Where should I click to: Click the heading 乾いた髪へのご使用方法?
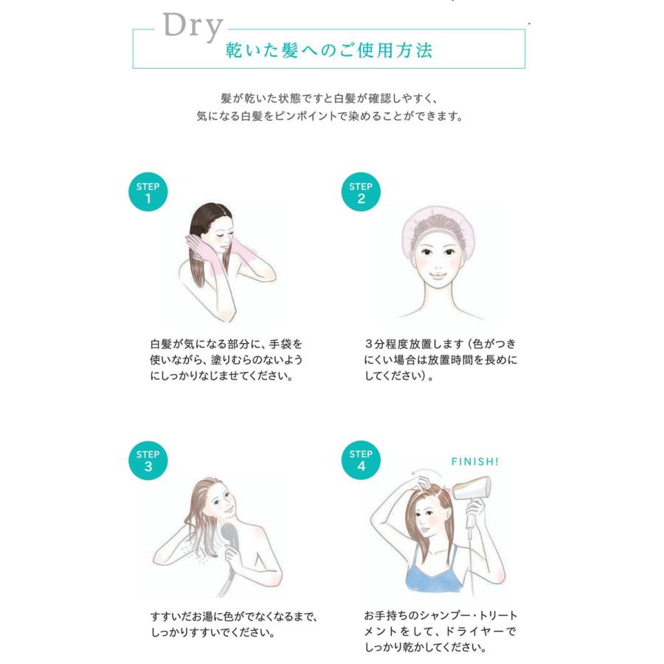[x=329, y=50]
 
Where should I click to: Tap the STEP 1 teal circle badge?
[x=148, y=193]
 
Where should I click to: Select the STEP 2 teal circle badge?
[x=361, y=193]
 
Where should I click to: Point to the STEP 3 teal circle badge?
[x=148, y=460]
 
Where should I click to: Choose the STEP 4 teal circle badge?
[x=361, y=460]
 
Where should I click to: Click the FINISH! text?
[x=474, y=462]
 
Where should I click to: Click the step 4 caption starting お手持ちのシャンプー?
[x=440, y=632]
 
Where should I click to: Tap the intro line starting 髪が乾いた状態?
[x=329, y=98]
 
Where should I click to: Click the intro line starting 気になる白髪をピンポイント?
[x=329, y=117]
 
